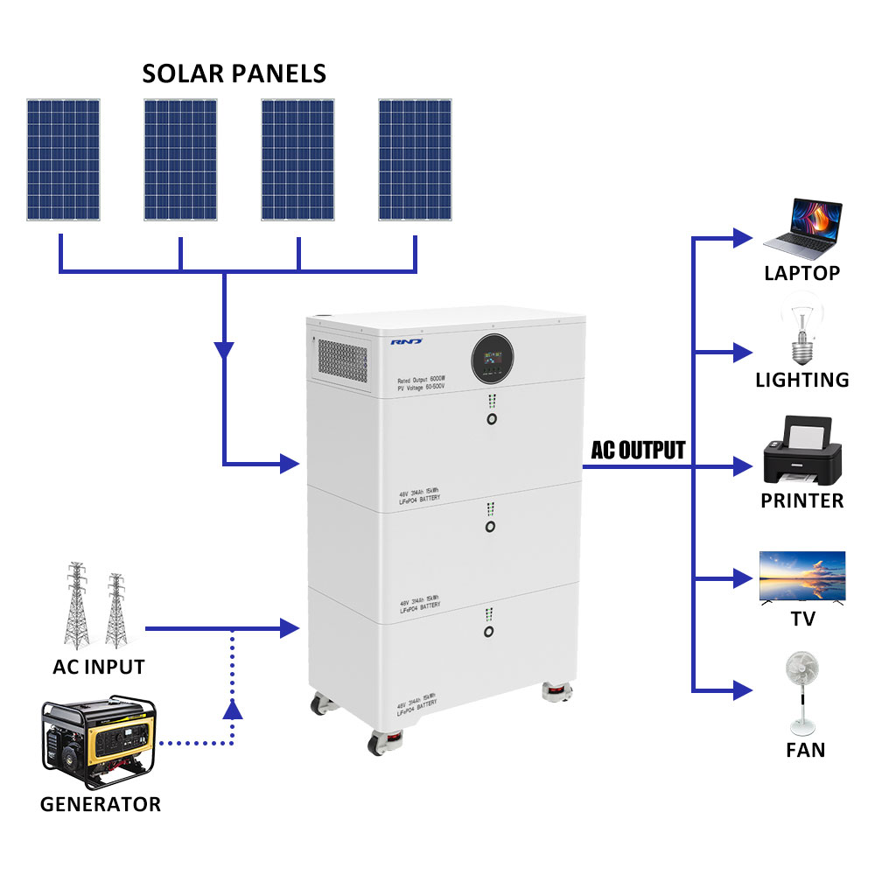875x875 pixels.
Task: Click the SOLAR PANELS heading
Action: click(234, 73)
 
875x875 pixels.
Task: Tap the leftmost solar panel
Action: click(62, 159)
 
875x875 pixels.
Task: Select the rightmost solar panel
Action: click(415, 159)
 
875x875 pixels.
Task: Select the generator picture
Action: click(97, 743)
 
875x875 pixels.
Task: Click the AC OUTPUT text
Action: click(638, 451)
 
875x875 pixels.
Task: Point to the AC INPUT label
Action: click(99, 668)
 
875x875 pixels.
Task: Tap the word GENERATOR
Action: click(101, 804)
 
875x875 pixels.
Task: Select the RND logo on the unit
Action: click(407, 342)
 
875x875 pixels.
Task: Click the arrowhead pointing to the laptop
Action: click(742, 236)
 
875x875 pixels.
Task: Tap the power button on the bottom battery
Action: click(490, 630)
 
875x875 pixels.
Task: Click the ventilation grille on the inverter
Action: click(342, 360)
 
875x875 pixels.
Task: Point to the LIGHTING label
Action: click(802, 380)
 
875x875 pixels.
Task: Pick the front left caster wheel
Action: click(381, 743)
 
